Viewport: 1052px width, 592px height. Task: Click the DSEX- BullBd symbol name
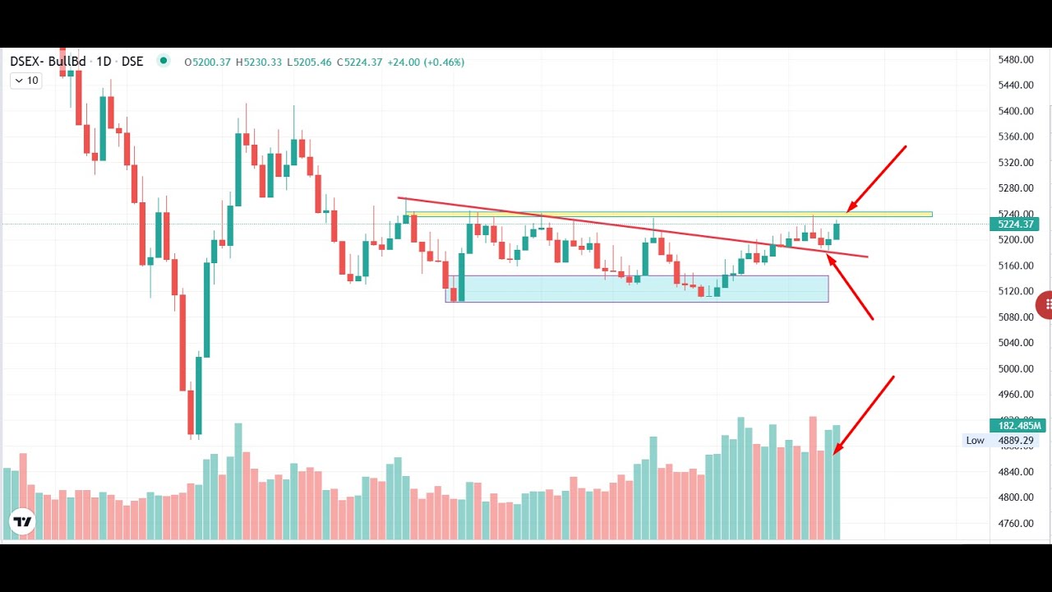(x=48, y=62)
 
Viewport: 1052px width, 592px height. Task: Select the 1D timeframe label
(x=104, y=62)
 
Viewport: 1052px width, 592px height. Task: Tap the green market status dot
(x=163, y=61)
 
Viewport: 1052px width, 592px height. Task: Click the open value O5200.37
(x=207, y=62)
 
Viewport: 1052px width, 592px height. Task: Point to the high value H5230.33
(x=259, y=62)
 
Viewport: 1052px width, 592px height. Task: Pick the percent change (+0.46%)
(x=444, y=62)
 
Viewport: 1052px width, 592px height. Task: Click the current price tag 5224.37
(x=1017, y=224)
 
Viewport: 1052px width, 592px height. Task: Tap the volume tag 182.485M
(x=1017, y=426)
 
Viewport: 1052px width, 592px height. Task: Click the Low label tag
(x=975, y=441)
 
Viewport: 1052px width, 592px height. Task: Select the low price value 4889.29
(x=1016, y=441)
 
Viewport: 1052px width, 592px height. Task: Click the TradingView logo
(x=22, y=521)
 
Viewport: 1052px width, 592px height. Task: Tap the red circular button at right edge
(x=1045, y=304)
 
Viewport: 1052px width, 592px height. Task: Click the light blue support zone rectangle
(x=637, y=289)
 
